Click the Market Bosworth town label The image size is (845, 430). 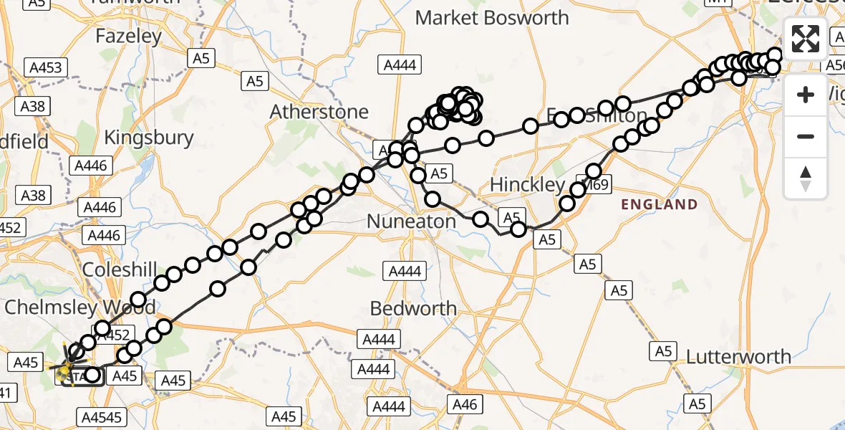pos(492,18)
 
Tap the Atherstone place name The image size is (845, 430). pos(319,112)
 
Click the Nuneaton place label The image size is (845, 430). pos(411,221)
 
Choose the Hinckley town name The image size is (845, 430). pos(528,185)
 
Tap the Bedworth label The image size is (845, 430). pos(413,308)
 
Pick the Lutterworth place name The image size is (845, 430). pos(738,356)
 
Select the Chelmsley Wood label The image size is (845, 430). pos(79,307)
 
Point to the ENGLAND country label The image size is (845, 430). pos(659,204)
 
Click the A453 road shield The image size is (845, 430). pos(46,68)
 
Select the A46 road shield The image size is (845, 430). pos(464,405)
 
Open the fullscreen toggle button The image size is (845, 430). pos(806,38)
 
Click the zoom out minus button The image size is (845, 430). pos(806,136)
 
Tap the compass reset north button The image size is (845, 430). pos(806,178)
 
